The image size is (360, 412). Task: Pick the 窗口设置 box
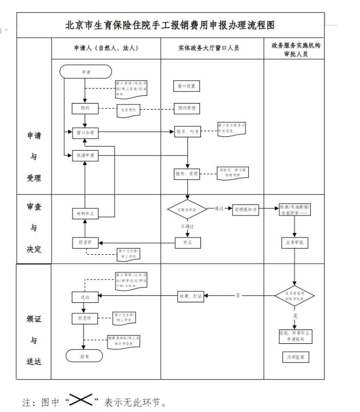[186, 86]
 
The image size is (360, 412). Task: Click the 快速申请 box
[85, 156]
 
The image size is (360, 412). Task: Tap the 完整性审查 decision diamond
[187, 210]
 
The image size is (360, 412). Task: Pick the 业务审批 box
[295, 243]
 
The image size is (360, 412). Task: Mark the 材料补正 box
[85, 213]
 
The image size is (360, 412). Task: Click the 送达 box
[85, 297]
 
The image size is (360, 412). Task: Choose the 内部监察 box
[295, 357]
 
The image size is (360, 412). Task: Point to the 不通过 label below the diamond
[187, 227]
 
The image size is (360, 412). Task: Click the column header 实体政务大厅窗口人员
[212, 49]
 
